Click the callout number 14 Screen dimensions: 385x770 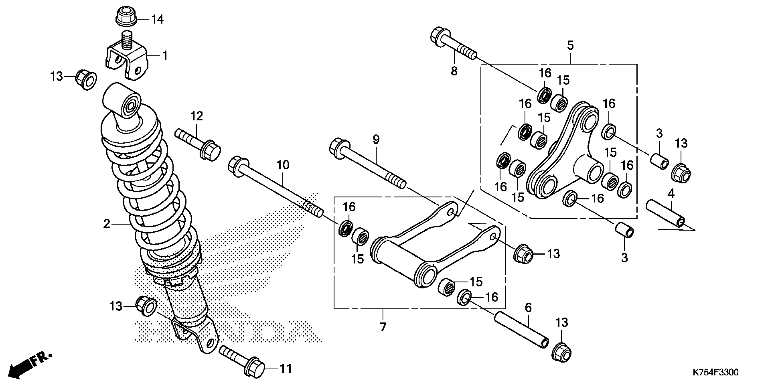158,20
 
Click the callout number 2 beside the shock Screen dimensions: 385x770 107,224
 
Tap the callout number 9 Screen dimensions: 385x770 376,140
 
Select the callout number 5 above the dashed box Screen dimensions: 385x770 570,46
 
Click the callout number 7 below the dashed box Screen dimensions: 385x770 383,327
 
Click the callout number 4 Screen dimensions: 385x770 671,194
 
